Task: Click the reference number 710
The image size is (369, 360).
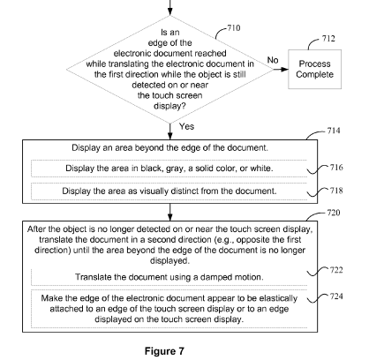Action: (234, 28)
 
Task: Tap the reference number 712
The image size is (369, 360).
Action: (328, 39)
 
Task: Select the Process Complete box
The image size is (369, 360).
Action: (314, 69)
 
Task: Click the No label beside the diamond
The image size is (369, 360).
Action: (273, 60)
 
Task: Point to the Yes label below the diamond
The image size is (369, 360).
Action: (186, 126)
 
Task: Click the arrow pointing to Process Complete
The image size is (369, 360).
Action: (281, 70)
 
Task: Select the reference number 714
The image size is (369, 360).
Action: (334, 131)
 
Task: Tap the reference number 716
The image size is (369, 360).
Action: (336, 168)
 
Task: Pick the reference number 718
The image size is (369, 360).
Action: (336, 191)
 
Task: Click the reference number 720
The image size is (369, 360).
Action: (334, 213)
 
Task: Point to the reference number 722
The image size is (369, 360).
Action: (336, 270)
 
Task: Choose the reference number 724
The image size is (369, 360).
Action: (336, 296)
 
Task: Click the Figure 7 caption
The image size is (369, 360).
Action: (164, 351)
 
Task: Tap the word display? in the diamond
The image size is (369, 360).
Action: (169, 106)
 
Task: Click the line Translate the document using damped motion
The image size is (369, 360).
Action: (169, 277)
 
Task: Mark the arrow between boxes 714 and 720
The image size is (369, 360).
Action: (169, 212)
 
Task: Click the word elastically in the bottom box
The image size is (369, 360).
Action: (278, 298)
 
